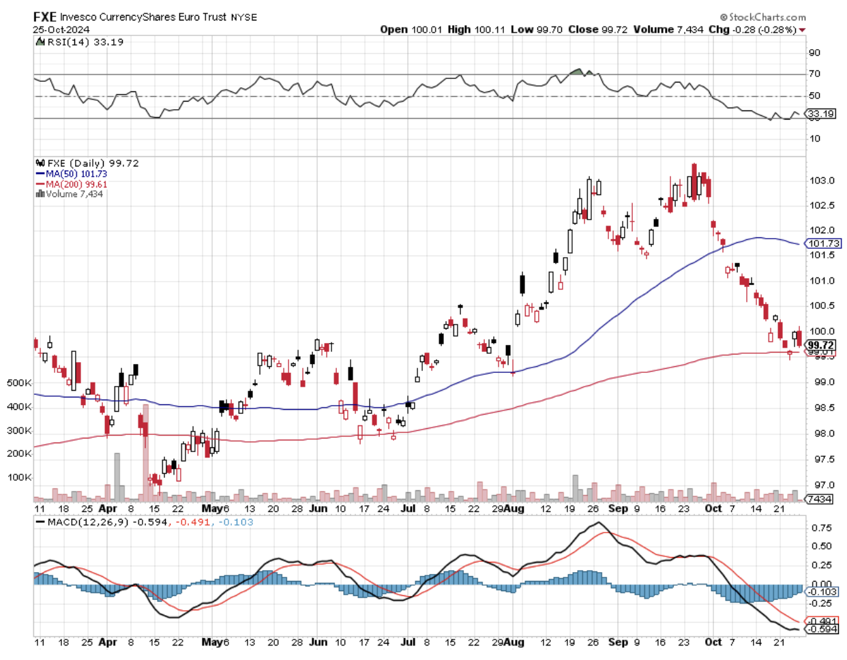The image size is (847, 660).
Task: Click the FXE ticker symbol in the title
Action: pos(45,17)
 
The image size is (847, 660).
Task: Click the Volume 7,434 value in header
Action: pos(668,29)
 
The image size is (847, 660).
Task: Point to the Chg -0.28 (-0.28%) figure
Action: pos(756,29)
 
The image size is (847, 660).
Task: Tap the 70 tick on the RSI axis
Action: pos(814,74)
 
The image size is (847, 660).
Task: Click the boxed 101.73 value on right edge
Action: pos(823,243)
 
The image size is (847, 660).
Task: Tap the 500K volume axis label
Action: pos(19,383)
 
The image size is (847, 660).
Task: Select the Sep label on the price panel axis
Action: pos(618,509)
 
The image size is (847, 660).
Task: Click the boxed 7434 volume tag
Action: pos(819,500)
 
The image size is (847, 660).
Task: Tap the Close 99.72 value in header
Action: pos(597,29)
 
